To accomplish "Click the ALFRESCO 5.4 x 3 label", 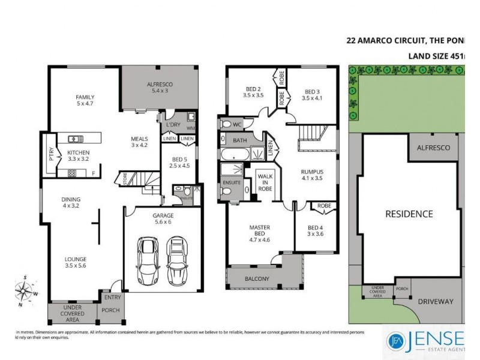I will point(159,88).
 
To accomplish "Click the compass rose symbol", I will point(25,292).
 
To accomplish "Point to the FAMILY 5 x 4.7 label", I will point(85,100).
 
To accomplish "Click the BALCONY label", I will point(257,279).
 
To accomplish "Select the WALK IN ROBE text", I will point(265,182).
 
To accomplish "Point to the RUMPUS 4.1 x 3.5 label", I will point(312,175).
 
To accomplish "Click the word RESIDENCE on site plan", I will point(409,214).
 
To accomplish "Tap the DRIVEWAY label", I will point(436,302).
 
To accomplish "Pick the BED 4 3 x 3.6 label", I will point(315,231).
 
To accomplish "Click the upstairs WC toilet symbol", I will point(226,125).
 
